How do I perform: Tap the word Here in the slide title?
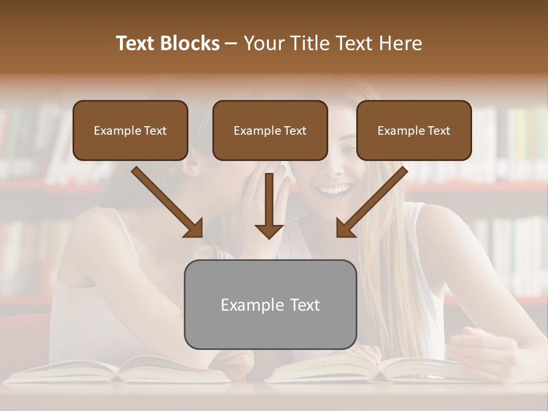click(399, 43)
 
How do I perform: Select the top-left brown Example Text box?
click(130, 130)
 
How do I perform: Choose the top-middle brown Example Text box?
click(270, 130)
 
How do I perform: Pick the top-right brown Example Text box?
click(414, 130)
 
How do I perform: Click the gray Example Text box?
click(270, 304)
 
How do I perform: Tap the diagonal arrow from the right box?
click(374, 200)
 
